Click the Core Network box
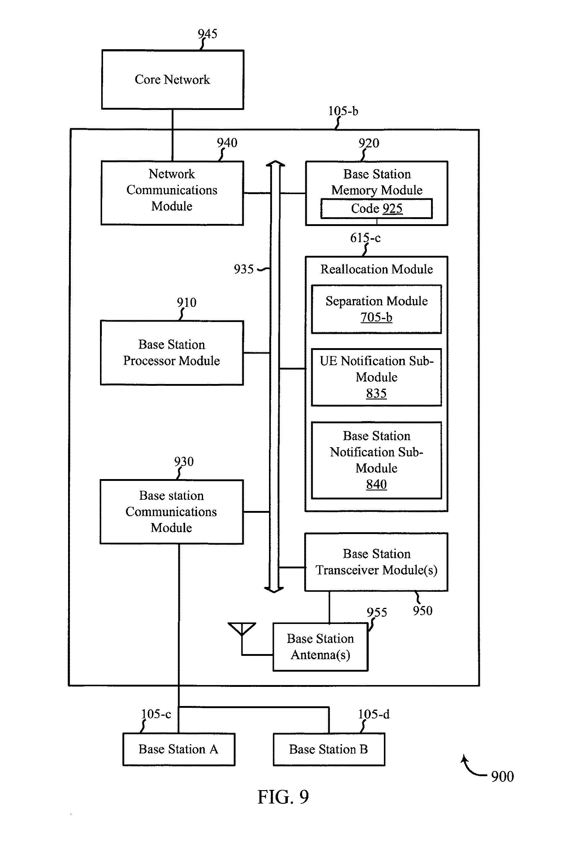pyautogui.click(x=172, y=79)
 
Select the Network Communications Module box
pyautogui.click(x=172, y=193)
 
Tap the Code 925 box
pyautogui.click(x=376, y=208)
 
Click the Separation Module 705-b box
pyautogui.click(x=376, y=309)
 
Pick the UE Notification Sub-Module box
pyautogui.click(x=376, y=377)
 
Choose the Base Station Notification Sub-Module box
pyautogui.click(x=376, y=460)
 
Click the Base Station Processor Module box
pyautogui.click(x=172, y=352)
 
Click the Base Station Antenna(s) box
pyautogui.click(x=320, y=647)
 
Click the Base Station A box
pyautogui.click(x=178, y=749)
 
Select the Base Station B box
pyautogui.click(x=329, y=749)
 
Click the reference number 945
pyautogui.click(x=208, y=34)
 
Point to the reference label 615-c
pyautogui.click(x=365, y=238)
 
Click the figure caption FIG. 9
pyautogui.click(x=283, y=797)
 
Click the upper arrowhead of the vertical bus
pyautogui.click(x=275, y=164)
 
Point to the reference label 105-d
pyautogui.click(x=374, y=714)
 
